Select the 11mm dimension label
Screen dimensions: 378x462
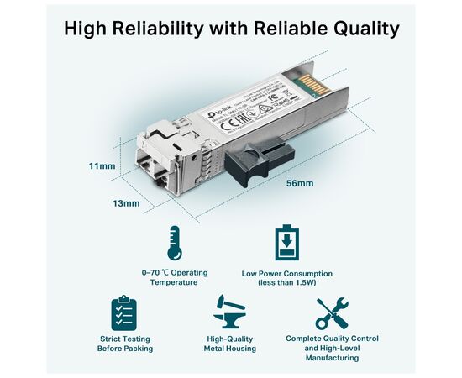102,166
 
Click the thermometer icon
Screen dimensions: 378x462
175,243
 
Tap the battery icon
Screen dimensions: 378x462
286,243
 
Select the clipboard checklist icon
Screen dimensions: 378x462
123,312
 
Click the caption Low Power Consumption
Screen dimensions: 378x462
286,273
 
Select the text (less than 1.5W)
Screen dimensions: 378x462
286,283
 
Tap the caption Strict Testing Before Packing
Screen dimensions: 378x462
123,344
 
